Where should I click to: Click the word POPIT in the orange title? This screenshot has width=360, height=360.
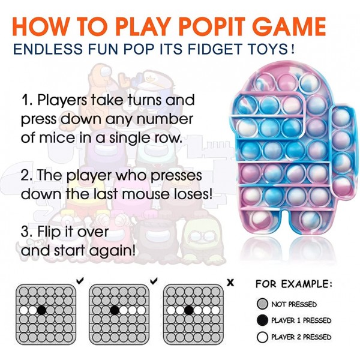click(214, 26)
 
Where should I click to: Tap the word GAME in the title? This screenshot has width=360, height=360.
click(290, 26)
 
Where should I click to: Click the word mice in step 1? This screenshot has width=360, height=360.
click(57, 137)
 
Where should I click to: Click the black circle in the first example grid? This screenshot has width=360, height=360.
click(41, 310)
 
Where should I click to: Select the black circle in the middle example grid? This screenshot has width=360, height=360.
click(115, 310)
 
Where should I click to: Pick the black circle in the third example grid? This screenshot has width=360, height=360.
click(189, 310)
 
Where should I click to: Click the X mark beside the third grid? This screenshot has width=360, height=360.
click(230, 283)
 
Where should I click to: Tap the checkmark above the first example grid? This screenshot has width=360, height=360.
click(80, 281)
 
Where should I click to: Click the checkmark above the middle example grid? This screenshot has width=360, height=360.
click(154, 281)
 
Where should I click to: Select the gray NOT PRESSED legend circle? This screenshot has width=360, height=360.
click(262, 304)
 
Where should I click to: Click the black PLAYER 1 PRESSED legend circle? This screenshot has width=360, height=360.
click(262, 320)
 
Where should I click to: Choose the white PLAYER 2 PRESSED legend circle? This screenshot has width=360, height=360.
click(262, 337)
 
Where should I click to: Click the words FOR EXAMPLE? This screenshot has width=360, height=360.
click(294, 284)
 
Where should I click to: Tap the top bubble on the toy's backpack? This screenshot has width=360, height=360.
click(341, 118)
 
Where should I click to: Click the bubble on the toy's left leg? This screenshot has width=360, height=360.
click(258, 220)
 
